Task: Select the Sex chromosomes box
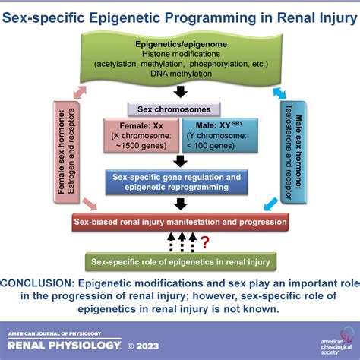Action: coord(180,109)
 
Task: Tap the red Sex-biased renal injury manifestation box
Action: coord(180,223)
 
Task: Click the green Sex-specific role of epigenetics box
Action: coord(180,261)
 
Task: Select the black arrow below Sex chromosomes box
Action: coord(180,160)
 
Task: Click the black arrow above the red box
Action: coord(180,204)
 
